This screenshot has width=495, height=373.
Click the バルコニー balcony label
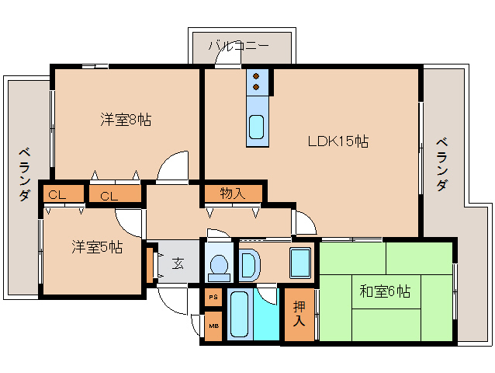(239, 46)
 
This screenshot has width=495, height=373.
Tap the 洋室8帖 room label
(126, 120)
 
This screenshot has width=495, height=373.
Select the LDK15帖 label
(338, 141)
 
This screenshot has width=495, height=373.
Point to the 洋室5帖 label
(97, 247)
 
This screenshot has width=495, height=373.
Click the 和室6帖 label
(385, 291)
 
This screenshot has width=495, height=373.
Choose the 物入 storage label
(233, 193)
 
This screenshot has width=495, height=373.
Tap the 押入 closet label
(299, 314)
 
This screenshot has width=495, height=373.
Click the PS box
(213, 297)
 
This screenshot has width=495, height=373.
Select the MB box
(213, 326)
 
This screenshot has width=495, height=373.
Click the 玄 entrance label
(178, 263)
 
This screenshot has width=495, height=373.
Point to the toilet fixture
(219, 268)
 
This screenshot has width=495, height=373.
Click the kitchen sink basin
(256, 127)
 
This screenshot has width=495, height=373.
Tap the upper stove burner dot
(256, 76)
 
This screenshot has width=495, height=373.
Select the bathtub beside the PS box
(240, 314)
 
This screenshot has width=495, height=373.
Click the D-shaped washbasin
(249, 265)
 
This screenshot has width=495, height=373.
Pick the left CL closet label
(57, 195)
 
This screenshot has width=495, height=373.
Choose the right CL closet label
(109, 197)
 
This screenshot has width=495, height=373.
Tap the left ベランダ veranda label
(25, 175)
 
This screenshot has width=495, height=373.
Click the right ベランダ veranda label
(442, 165)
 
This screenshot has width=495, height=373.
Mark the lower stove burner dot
(256, 86)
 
